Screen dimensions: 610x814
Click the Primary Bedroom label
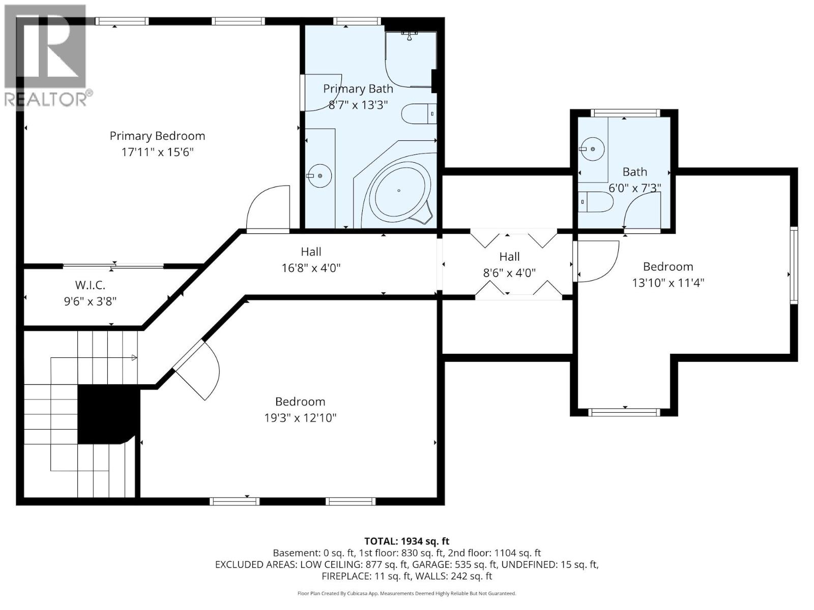[157, 136]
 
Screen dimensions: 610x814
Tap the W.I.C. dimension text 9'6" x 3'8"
[90, 301]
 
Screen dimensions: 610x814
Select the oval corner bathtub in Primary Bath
[399, 191]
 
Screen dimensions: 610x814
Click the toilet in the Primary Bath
[418, 114]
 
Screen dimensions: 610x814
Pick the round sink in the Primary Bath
[320, 176]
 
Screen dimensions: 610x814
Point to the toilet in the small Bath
[596, 202]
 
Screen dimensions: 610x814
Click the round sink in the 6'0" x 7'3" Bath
[592, 149]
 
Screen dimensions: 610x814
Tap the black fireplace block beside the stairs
[107, 414]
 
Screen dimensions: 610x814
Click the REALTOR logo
[46, 56]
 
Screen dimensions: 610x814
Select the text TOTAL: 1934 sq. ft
[406, 541]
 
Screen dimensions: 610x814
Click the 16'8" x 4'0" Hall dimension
[311, 268]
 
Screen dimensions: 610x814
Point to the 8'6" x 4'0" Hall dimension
[509, 273]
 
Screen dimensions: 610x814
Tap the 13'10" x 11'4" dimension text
[667, 283]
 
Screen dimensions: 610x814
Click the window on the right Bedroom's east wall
[794, 265]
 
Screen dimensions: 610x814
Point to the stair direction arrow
[134, 358]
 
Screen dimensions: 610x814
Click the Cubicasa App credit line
[406, 593]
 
